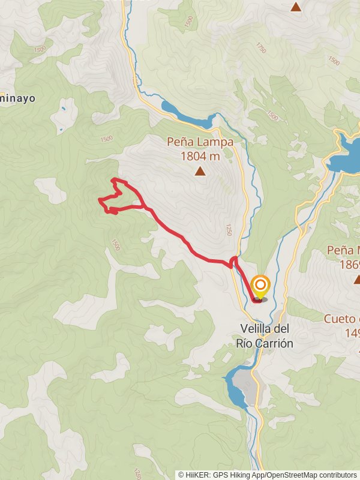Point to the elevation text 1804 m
coord(200,157)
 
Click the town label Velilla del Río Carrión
coord(266,336)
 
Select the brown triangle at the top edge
coord(295,7)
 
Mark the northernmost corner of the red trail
coord(115,179)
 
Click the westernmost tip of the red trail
coord(100,200)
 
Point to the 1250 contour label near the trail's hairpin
coord(227,230)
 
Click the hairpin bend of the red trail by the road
coord(233,260)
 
